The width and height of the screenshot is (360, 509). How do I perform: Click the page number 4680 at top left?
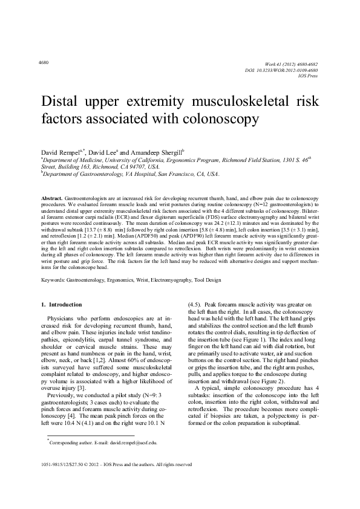pyautogui.click(x=43, y=63)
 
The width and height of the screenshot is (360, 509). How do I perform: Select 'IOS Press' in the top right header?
pyautogui.click(x=309, y=77)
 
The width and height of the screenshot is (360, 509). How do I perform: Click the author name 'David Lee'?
pyautogui.click(x=105, y=149)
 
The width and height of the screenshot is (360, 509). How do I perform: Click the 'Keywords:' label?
pyautogui.click(x=53, y=280)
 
